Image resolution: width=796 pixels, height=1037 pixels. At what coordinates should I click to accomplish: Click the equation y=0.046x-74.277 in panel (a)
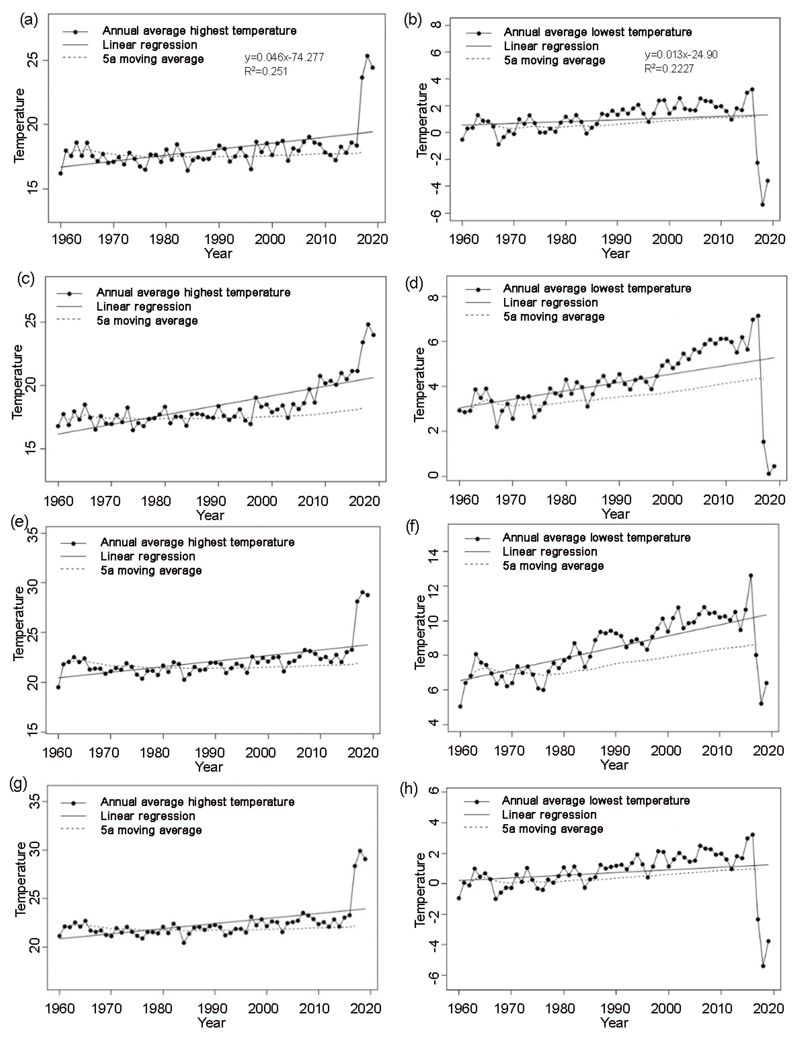pyautogui.click(x=284, y=58)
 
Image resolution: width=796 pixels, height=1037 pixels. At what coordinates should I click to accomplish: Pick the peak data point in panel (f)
pyautogui.click(x=751, y=576)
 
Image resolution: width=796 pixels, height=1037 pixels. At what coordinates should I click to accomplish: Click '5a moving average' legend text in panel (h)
pyautogui.click(x=552, y=829)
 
